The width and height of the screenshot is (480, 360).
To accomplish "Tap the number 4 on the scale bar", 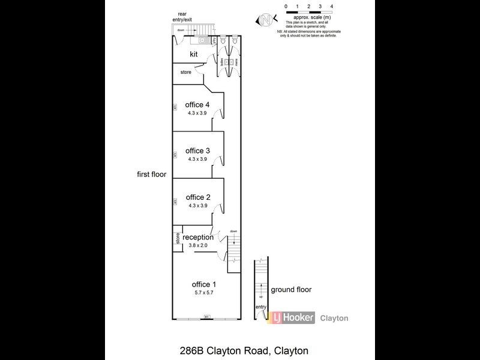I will click(332, 6).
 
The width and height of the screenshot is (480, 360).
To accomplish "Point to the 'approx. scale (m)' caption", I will click(309, 18).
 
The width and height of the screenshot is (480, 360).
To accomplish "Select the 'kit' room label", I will click(194, 54).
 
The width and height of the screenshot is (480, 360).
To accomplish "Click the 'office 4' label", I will click(197, 104).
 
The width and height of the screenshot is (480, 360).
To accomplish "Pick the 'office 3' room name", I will click(197, 151).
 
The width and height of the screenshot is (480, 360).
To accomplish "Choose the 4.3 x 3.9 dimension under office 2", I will click(197, 206).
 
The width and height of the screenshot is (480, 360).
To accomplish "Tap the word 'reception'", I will click(198, 237).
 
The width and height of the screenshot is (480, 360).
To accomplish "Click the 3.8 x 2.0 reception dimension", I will click(197, 245).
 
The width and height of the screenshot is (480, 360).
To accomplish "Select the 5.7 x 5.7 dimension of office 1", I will click(203, 292).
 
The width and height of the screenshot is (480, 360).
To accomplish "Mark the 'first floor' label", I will click(151, 175).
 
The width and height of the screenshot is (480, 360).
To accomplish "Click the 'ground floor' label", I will click(291, 289).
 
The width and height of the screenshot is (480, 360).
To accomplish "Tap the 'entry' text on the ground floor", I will click(260, 307).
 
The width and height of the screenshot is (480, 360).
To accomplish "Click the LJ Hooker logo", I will click(292, 318).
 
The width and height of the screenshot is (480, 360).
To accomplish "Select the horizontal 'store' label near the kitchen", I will click(185, 73).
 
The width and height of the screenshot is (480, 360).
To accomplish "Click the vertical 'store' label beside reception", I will click(178, 238).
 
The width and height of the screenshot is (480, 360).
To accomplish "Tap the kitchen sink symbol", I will click(203, 40).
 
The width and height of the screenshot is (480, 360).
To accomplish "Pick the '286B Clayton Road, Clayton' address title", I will click(239, 350).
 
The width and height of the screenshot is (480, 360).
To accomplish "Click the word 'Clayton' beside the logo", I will click(334, 319).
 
